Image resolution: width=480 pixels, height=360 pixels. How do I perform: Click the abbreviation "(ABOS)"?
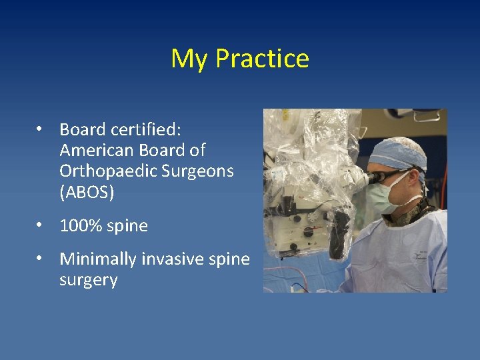tap(87, 193)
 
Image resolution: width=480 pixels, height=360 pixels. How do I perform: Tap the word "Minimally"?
tap(98, 259)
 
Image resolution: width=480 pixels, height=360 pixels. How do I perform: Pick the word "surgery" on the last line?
tap(88, 280)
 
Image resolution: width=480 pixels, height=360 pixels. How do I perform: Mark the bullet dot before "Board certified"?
tap(41, 129)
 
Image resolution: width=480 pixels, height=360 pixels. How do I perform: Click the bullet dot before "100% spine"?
tap(41, 226)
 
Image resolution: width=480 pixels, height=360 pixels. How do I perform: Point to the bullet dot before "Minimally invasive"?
tap(41, 259)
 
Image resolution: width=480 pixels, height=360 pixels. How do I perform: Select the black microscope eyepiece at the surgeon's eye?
tap(379, 177)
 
